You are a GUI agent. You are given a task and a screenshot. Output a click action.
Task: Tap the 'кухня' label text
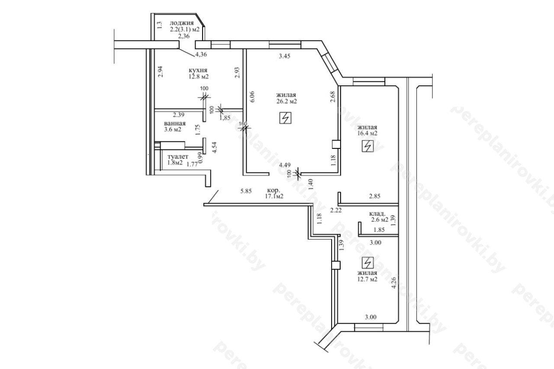point(198,70)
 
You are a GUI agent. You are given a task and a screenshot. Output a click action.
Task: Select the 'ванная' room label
point(175,123)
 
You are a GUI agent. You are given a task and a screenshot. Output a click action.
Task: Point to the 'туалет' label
point(178,157)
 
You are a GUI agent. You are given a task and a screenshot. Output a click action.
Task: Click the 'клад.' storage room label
point(377,214)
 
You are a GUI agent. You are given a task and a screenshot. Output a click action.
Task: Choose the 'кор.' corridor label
point(274,191)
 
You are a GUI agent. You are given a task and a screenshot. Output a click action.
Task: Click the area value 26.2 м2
point(287,101)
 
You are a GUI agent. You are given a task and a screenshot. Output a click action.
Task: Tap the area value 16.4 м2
point(367,134)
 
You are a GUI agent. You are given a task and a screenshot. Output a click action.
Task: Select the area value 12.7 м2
point(367,279)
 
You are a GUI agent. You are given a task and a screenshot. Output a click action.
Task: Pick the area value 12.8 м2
point(199,77)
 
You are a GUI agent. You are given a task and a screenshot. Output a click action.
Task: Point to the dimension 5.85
point(246,191)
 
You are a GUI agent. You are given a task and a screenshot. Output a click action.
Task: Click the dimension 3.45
point(284,56)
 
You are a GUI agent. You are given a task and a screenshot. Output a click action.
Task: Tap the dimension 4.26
point(394,282)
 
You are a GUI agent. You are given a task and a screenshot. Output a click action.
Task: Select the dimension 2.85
point(374,196)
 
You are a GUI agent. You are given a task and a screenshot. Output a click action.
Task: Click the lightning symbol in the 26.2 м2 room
point(285,118)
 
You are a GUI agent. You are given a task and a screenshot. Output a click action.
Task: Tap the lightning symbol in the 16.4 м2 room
point(368,146)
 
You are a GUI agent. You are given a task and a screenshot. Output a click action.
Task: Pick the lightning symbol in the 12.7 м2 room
point(368,263)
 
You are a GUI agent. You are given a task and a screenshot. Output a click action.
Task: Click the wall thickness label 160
point(243,123)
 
